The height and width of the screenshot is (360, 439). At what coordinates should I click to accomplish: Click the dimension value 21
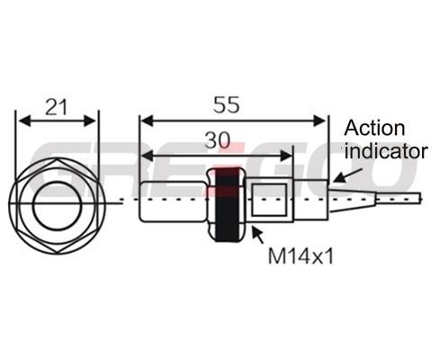coord(56,107)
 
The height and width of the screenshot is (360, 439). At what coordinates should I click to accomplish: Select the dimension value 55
coord(227,105)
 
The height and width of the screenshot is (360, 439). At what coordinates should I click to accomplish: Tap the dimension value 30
coord(218,140)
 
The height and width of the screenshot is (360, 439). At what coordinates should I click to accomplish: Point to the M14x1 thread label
coord(300,256)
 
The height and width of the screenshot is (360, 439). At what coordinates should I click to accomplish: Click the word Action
coord(374,129)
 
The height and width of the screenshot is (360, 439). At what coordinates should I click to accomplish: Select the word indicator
coord(386,151)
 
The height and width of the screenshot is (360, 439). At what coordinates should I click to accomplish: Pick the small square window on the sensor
coord(270,200)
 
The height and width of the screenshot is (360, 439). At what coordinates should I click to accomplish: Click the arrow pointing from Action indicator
coord(348,175)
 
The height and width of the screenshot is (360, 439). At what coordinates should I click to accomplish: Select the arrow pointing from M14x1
coord(258,235)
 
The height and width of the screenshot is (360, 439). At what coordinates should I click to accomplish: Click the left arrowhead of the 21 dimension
coord(24,121)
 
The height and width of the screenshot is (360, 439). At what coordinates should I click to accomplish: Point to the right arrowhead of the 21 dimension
coord(90,121)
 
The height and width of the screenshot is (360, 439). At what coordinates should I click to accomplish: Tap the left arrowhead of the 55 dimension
coord(148,121)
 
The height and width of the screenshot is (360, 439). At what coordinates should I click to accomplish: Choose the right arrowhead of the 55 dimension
coord(319,121)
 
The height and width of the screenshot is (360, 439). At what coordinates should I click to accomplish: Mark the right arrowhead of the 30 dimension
coord(285,156)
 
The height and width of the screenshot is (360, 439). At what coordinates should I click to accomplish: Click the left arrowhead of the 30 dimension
coord(148,156)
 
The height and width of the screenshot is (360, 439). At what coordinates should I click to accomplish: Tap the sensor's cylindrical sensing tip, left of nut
coord(174,202)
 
